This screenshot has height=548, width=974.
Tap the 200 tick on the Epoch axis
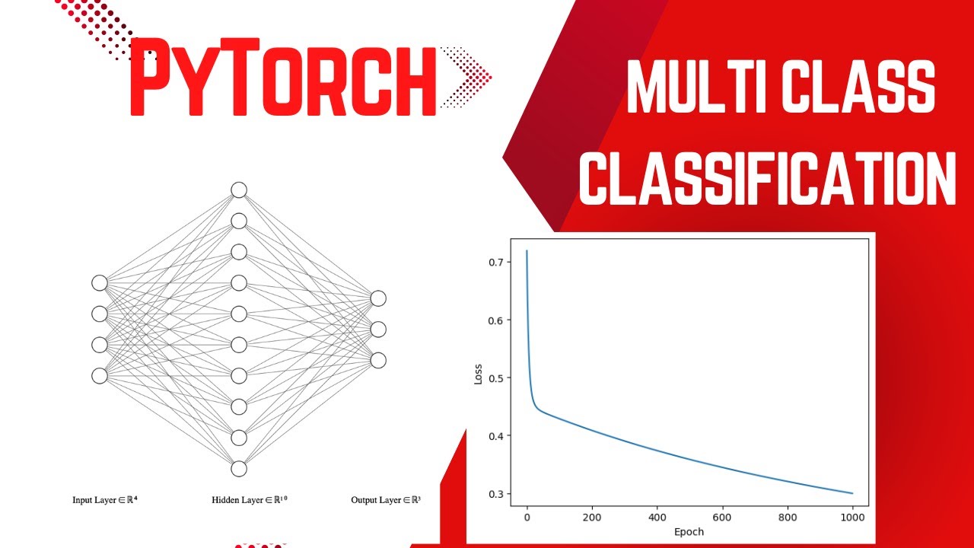pyautogui.click(x=591, y=518)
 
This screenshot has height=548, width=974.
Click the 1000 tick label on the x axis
pyautogui.click(x=852, y=518)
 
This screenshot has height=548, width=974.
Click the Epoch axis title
pyautogui.click(x=689, y=531)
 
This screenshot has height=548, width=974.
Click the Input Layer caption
pyautogui.click(x=104, y=500)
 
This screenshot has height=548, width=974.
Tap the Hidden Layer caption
pyautogui.click(x=250, y=500)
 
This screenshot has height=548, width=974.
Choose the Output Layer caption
pyautogui.click(x=386, y=500)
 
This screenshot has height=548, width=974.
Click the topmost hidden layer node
pyautogui.click(x=239, y=190)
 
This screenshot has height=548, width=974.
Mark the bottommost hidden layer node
pyautogui.click(x=239, y=468)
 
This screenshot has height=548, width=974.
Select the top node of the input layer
pyautogui.click(x=100, y=283)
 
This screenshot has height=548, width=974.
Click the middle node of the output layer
pyautogui.click(x=378, y=329)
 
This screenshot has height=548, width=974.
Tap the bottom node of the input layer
pyautogui.click(x=100, y=375)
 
